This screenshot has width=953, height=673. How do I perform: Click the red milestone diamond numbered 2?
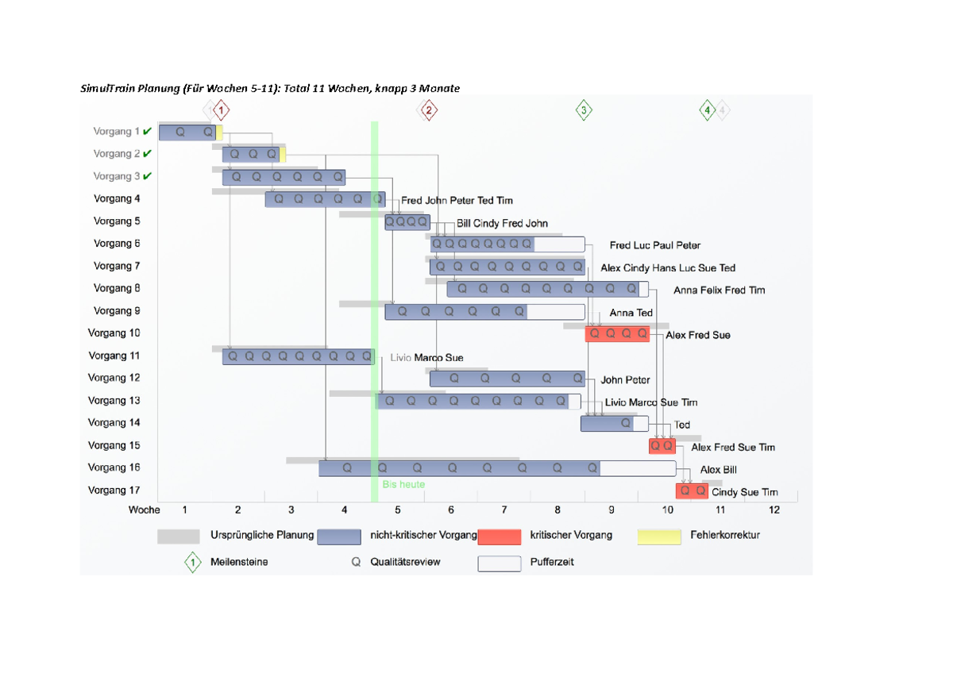[x=428, y=110]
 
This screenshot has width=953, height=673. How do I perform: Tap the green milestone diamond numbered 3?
[x=584, y=110]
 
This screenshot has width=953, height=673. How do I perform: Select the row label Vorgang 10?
[x=114, y=333]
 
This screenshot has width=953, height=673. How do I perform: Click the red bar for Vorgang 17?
[x=692, y=491]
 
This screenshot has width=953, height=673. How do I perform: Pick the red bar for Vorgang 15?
[x=662, y=446]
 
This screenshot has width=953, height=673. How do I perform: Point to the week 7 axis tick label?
[x=504, y=510]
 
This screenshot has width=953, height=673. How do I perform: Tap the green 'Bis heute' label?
[x=403, y=484]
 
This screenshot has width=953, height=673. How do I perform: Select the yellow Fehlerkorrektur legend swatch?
[x=659, y=537]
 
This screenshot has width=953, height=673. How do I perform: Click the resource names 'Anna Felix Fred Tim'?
[x=719, y=290]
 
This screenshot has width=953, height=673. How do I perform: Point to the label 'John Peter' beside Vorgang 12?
[x=625, y=380]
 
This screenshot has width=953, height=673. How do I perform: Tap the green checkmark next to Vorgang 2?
[x=148, y=154]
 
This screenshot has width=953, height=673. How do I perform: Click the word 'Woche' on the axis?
[x=144, y=510]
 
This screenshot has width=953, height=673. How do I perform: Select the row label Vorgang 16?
[x=114, y=467]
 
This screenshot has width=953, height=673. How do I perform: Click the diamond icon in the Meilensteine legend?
[x=192, y=563]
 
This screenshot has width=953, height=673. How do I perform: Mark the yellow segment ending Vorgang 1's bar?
[x=219, y=133]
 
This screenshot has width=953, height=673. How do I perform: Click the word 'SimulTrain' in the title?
[x=108, y=88]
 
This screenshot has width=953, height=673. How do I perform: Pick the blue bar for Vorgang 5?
[x=407, y=222]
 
